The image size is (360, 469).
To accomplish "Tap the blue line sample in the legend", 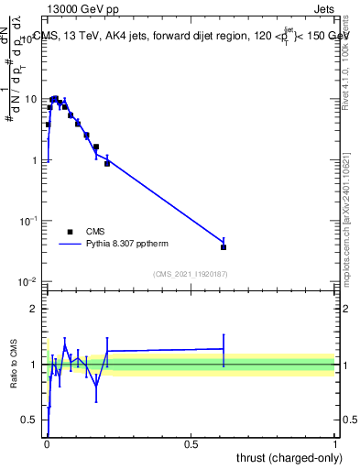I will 71,245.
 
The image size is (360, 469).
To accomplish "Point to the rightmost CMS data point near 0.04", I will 224,246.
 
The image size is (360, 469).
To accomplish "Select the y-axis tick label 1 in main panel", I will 35,160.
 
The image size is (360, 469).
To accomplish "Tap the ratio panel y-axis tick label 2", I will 34,309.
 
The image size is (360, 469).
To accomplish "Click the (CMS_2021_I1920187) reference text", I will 191,273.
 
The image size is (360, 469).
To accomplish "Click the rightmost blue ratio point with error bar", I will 224,348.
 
